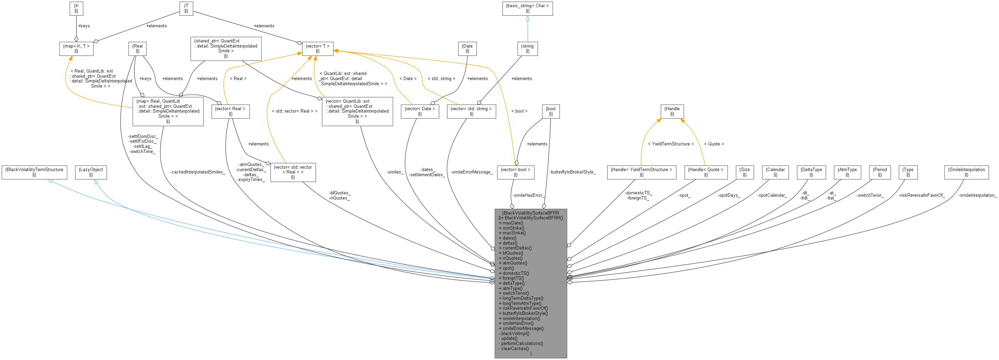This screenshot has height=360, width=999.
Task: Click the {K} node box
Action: [76, 9]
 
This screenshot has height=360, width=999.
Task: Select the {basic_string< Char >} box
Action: [527, 9]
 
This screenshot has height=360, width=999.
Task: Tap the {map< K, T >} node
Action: [76, 49]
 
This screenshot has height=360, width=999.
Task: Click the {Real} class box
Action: [137, 49]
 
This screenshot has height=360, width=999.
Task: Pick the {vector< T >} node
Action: [317, 49]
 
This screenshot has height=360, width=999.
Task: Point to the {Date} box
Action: [467, 49]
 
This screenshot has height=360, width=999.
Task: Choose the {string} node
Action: [527, 49]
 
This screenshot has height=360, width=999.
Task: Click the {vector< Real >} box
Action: [230, 111]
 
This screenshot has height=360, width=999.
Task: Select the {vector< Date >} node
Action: [420, 111]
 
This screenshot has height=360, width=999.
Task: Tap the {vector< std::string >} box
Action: [471, 111]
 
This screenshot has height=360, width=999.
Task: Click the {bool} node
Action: [551, 111]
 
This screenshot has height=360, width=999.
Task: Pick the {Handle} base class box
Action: [672, 111]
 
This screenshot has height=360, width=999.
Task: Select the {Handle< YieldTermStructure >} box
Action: [641, 172]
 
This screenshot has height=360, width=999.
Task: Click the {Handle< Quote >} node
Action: [705, 172]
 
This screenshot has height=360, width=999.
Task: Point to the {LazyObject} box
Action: [91, 172]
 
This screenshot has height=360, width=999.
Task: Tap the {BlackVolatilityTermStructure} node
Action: [34, 172]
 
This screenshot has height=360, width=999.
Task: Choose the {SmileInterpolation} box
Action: [966, 172]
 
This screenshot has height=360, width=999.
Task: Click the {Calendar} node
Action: [775, 172]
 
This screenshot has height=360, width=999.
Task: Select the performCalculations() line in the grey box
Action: [522, 343]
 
